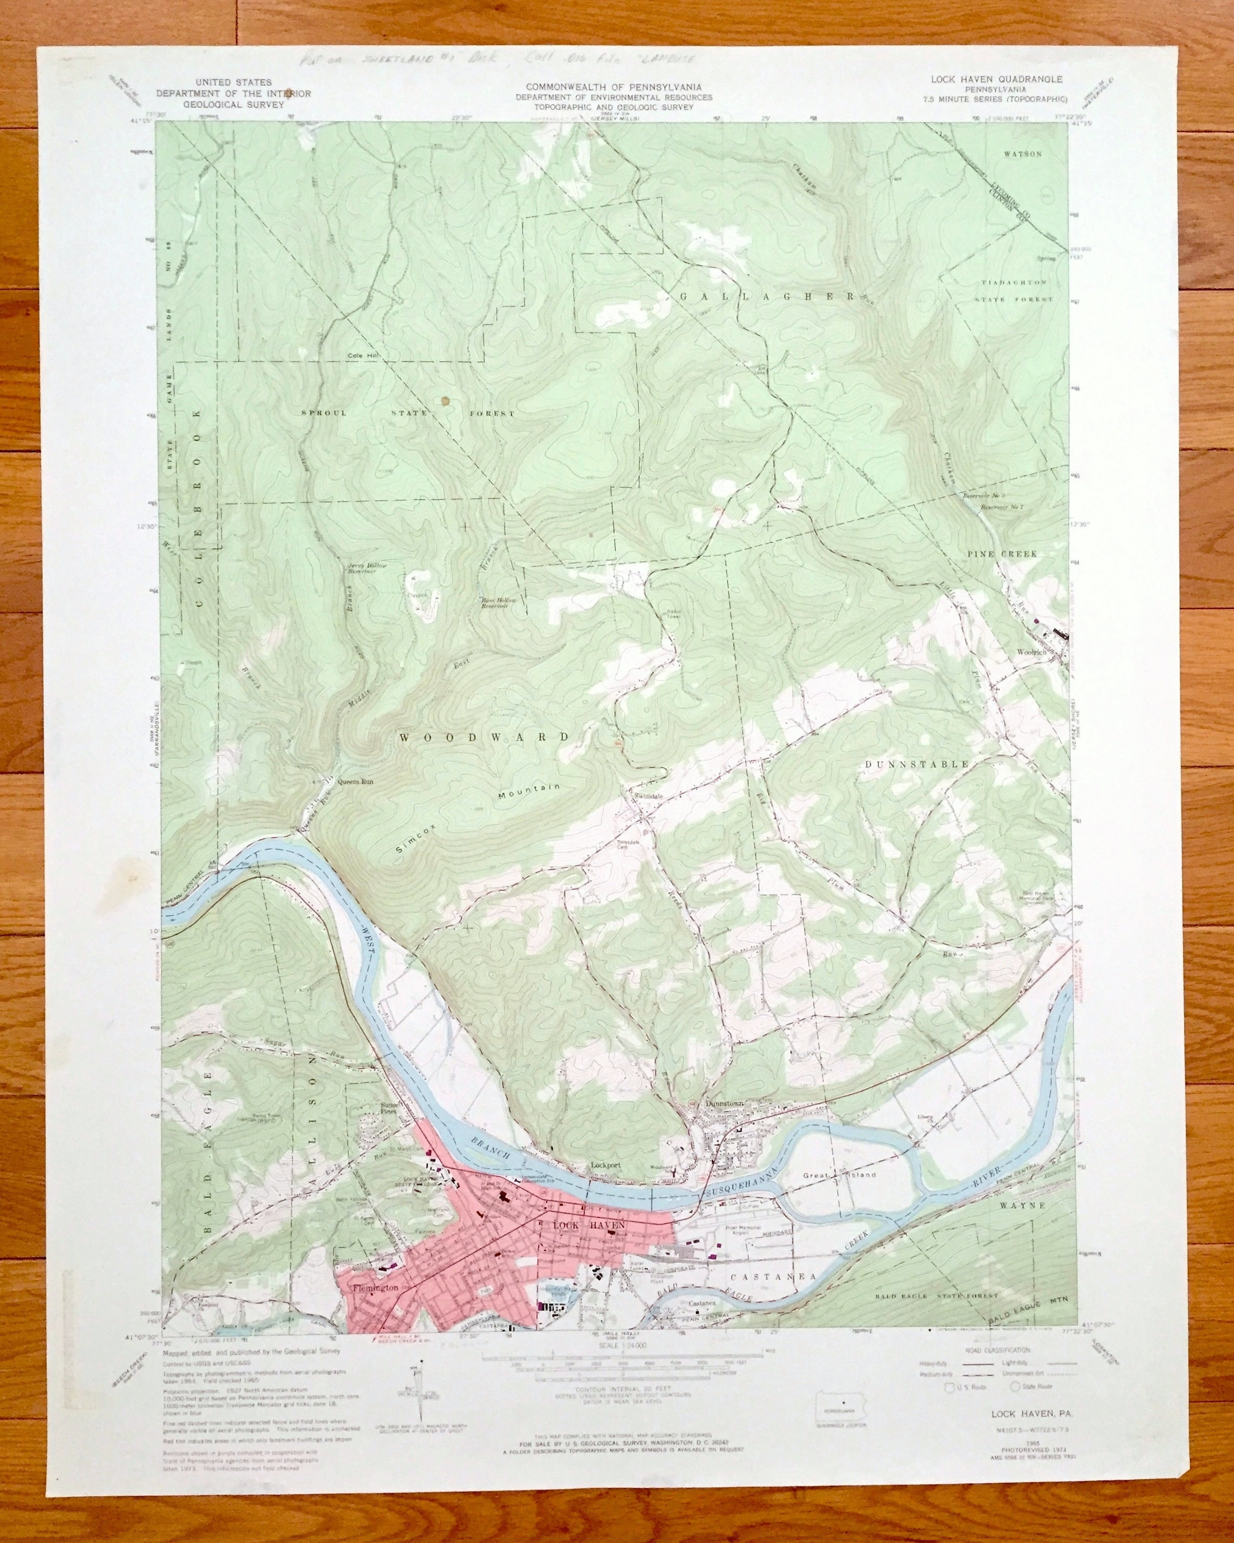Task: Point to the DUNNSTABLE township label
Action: point(916,764)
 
